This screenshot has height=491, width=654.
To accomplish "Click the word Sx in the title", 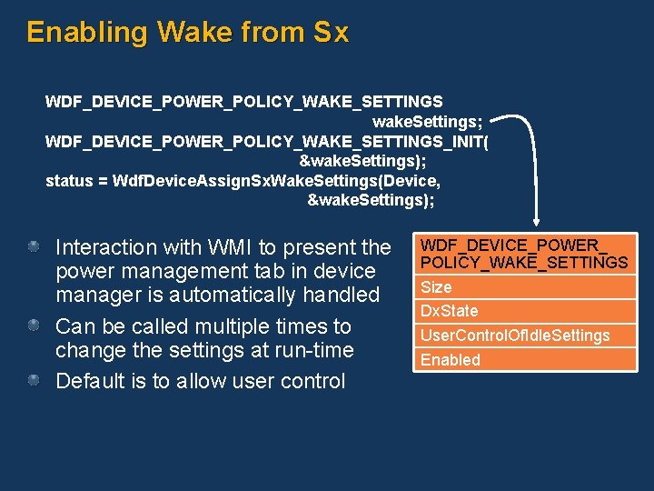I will pyautogui.click(x=330, y=33).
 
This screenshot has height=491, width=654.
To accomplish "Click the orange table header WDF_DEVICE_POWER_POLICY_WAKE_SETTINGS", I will pyautogui.click(x=523, y=254).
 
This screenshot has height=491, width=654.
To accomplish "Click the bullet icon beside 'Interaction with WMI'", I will pyautogui.click(x=34, y=246).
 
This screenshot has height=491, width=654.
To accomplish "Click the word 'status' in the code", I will pyautogui.click(x=69, y=180).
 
